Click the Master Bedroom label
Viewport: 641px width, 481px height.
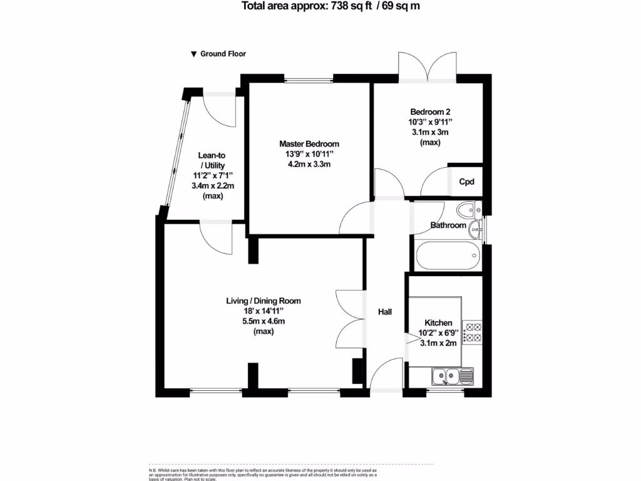point(309,143)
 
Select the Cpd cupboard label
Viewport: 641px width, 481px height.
point(466,182)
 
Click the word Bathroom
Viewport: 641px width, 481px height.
point(448,225)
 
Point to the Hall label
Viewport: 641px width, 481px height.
point(384,311)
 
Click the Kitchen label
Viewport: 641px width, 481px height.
point(438,323)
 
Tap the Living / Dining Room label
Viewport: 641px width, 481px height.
point(263,301)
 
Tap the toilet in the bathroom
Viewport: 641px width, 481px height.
point(468,209)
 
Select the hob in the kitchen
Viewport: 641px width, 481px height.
point(471,333)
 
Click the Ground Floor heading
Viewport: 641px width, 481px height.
point(223,54)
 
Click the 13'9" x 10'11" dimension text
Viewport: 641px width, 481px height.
point(309,154)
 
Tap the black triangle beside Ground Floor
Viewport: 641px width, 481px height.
point(194,54)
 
